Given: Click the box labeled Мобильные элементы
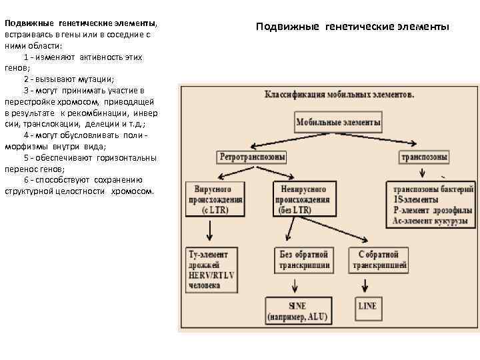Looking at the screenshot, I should click(x=338, y=123).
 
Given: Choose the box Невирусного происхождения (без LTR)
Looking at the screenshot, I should click(x=301, y=199).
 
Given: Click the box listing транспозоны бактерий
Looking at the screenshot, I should click(x=432, y=204).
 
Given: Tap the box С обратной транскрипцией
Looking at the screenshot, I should click(x=379, y=260).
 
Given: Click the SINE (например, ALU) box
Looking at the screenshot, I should click(x=297, y=310).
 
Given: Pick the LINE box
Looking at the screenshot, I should click(x=367, y=306).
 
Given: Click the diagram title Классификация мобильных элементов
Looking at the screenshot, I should click(x=339, y=95).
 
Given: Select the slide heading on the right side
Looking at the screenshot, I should click(x=353, y=27).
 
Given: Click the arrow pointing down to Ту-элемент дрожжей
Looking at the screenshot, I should click(x=210, y=231).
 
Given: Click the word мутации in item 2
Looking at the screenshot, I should click(x=97, y=78).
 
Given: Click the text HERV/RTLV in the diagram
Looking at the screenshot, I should click(x=212, y=275).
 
